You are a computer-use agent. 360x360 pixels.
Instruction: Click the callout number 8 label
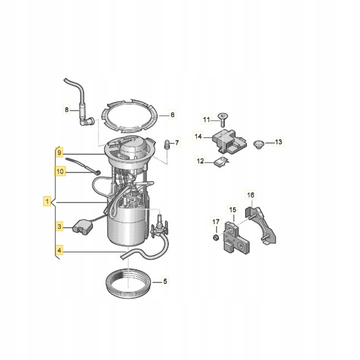coord(67,110)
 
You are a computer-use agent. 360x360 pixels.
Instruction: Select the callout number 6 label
coord(172,114)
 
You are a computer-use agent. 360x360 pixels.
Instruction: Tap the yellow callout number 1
coord(47,202)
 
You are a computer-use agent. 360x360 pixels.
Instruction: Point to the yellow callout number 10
coord(60,171)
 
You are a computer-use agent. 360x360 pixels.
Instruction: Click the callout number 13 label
coord(278,142)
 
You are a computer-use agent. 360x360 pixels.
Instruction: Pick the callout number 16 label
coord(251,195)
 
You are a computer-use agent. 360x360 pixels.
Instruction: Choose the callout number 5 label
coord(165,281)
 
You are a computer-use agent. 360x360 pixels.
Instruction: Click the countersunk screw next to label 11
coord(222,120)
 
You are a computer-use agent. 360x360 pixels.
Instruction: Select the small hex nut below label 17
coord(215,238)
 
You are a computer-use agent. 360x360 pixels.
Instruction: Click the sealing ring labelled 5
coord(129,283)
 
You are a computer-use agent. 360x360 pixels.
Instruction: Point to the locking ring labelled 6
coord(130,116)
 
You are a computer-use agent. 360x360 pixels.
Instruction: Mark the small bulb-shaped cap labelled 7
coord(166,145)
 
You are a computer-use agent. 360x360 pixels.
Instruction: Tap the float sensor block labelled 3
coord(82,228)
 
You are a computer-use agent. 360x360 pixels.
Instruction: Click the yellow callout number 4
coord(59,250)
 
